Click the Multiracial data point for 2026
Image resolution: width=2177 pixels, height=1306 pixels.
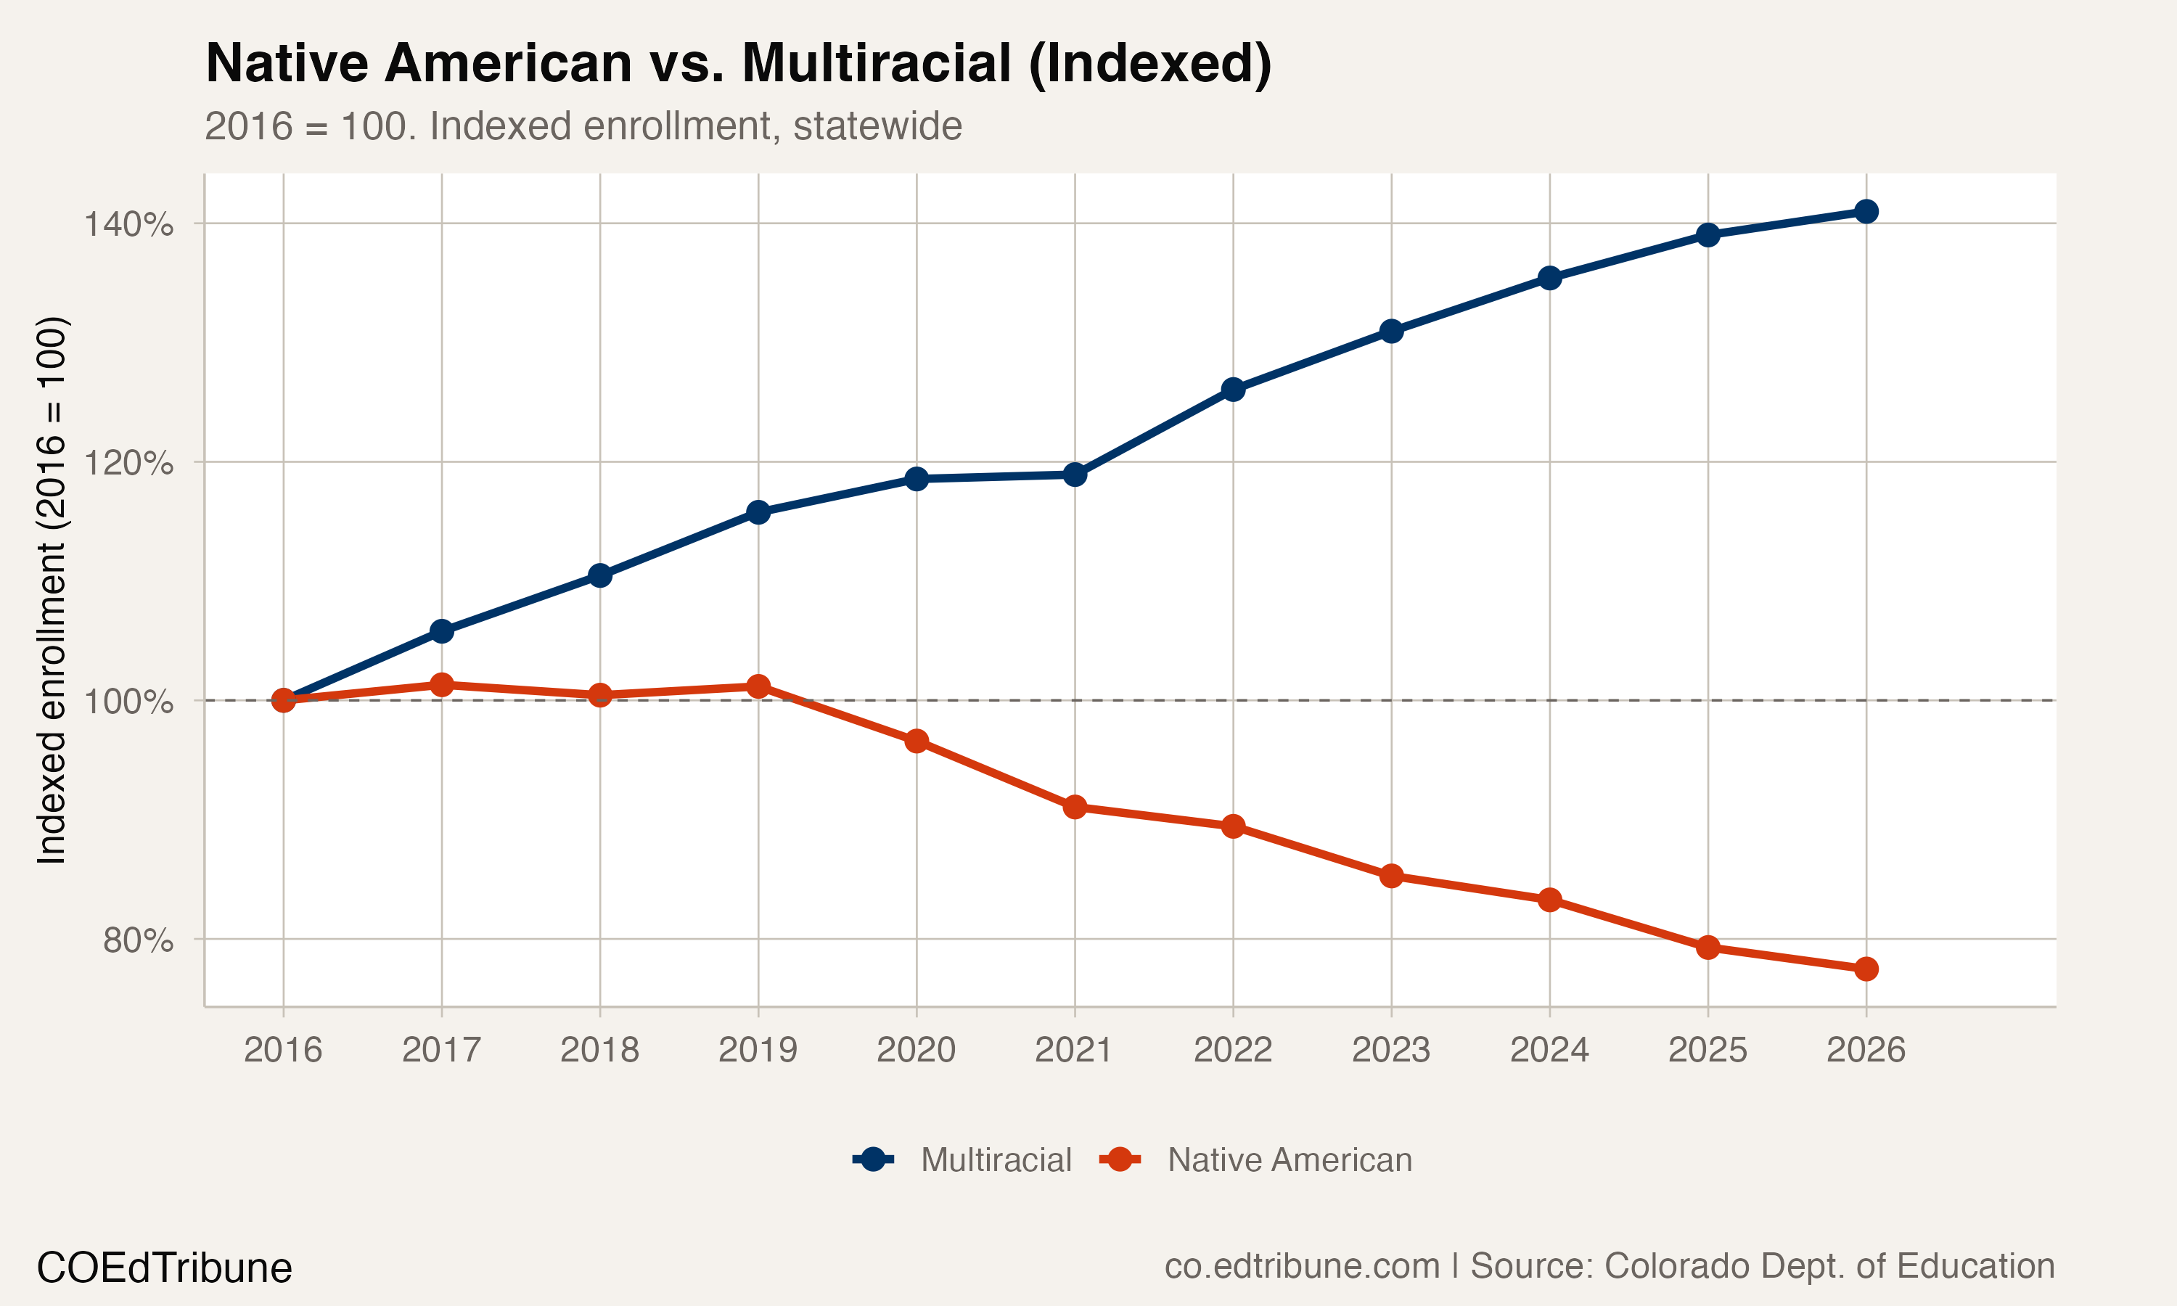tap(1866, 211)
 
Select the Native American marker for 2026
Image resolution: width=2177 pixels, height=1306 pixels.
tap(1866, 969)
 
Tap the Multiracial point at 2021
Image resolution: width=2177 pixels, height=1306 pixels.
tap(1075, 475)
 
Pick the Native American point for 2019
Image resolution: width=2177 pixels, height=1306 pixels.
tap(758, 686)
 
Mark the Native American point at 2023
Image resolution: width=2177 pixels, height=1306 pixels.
tap(1391, 876)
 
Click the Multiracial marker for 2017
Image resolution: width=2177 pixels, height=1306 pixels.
tap(442, 631)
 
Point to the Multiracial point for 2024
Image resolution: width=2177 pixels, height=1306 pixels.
tap(1549, 278)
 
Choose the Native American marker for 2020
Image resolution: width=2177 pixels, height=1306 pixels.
tap(916, 741)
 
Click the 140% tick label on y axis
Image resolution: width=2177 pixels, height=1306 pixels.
tap(128, 224)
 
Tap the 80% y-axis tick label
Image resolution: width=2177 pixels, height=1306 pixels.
tap(137, 940)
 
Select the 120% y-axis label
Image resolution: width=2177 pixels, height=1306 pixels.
tap(128, 463)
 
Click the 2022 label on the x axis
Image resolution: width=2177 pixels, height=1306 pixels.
tap(1232, 1050)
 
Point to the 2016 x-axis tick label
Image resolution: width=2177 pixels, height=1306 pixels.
tap(282, 1050)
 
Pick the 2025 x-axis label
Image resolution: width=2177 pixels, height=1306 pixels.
tap(1707, 1050)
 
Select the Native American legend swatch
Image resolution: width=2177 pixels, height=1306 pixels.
tap(1120, 1160)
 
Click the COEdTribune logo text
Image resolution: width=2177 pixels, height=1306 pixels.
tap(164, 1268)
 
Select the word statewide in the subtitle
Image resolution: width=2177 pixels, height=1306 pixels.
tap(877, 126)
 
